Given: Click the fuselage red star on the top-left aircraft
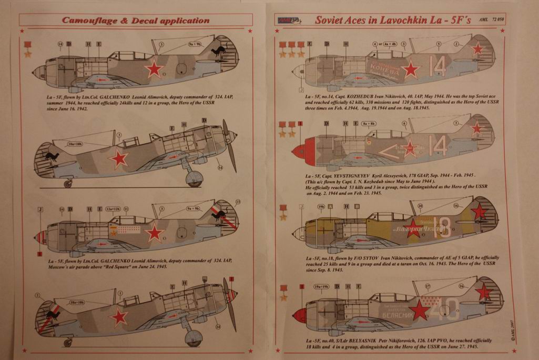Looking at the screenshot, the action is (154, 69).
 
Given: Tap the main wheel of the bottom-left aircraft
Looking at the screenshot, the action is (194, 337).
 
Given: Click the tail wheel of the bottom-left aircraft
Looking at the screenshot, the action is (68, 343).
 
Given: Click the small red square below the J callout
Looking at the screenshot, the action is (40, 254).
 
